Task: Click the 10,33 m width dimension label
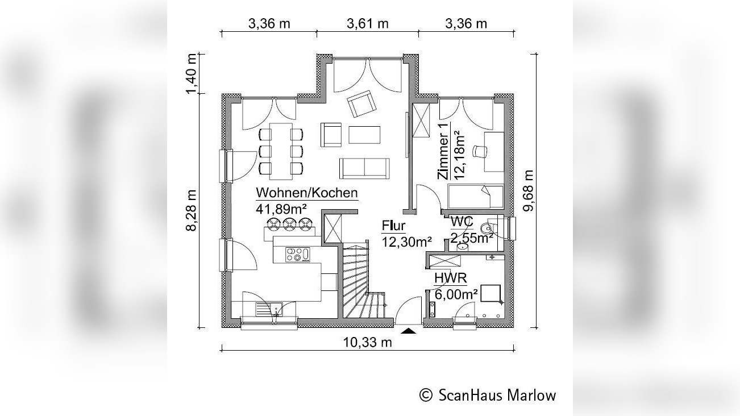(367, 343)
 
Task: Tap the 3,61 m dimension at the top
(367, 24)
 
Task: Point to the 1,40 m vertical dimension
(192, 74)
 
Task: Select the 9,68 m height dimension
(528, 191)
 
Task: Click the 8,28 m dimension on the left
(192, 211)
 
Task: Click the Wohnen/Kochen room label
(307, 193)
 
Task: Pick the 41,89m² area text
(281, 209)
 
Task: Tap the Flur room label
(393, 226)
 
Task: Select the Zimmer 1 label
(443, 151)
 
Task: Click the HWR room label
(451, 278)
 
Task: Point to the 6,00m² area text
(456, 294)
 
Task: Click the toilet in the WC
(488, 228)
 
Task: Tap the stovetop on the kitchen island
(298, 255)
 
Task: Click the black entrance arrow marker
(409, 331)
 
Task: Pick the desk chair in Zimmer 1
(480, 151)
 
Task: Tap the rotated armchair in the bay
(361, 104)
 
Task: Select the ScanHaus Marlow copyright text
(488, 395)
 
